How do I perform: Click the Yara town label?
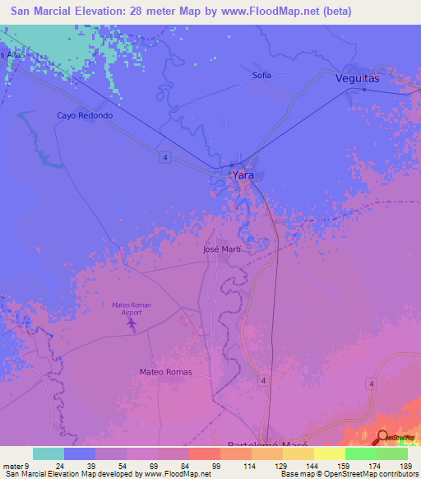coord(243,175)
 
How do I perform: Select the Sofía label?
coord(261,75)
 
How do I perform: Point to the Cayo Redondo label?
coord(84,115)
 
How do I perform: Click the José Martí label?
coord(220,249)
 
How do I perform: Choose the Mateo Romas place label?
coord(165,372)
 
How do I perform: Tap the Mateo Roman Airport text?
coord(132,309)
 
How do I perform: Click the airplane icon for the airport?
coord(132,323)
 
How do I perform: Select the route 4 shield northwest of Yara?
coord(165,157)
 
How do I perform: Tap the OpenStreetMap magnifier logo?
coord(384,438)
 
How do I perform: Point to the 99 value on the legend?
coord(216,466)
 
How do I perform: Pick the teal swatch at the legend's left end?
coord(48,453)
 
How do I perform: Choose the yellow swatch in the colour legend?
coord(329,453)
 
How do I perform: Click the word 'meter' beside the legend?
coord(12,466)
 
